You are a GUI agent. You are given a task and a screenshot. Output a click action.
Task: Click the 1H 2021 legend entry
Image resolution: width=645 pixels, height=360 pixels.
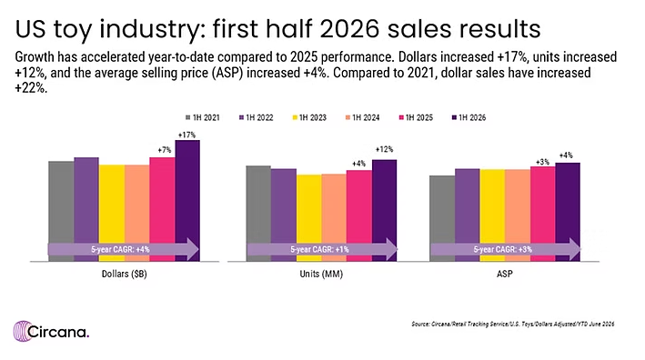[x=202, y=117]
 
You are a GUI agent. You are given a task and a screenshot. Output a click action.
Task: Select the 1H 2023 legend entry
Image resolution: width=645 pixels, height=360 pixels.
[x=309, y=117]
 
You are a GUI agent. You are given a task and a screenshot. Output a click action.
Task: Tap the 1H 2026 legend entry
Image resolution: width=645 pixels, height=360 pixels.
[x=469, y=117]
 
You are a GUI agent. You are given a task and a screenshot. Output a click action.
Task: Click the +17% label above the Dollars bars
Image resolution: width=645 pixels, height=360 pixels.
[x=186, y=135]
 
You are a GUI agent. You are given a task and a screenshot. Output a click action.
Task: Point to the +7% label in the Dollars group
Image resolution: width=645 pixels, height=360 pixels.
[x=164, y=150]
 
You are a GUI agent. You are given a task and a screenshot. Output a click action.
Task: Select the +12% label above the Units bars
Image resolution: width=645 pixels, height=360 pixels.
[x=384, y=150]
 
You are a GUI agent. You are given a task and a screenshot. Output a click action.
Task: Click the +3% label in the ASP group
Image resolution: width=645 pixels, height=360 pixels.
[x=542, y=162]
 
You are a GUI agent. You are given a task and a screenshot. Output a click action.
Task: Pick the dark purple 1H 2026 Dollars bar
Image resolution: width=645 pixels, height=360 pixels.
[x=187, y=201]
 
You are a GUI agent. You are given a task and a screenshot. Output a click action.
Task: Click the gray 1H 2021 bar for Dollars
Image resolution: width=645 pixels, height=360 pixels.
[x=61, y=211]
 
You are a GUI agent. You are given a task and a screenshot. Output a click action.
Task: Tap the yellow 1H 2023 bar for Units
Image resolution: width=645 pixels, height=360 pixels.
[x=309, y=218]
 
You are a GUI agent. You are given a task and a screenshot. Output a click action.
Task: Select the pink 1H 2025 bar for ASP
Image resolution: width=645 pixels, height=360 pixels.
[x=542, y=214]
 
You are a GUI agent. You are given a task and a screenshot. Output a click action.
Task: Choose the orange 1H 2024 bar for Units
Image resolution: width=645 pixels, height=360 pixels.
[x=334, y=217]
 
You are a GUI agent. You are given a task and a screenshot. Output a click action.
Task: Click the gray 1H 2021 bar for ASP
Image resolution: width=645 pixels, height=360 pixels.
[x=442, y=218]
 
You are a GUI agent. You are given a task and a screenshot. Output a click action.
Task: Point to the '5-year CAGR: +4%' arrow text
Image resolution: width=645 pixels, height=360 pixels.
[x=120, y=249]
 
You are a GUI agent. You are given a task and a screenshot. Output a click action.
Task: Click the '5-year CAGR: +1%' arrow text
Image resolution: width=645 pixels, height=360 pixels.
[x=319, y=249]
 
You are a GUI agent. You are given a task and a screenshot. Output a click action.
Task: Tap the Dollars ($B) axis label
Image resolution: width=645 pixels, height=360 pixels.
[x=125, y=274]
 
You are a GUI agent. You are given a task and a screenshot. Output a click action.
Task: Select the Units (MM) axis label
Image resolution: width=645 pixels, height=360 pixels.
[x=321, y=274]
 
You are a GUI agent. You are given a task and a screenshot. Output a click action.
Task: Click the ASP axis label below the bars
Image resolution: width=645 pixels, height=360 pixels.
[x=505, y=274]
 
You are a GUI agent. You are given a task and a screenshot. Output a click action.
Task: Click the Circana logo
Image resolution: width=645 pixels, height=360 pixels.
[x=51, y=331]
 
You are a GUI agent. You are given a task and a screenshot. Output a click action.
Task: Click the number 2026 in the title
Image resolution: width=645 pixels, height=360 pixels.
[x=348, y=29]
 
